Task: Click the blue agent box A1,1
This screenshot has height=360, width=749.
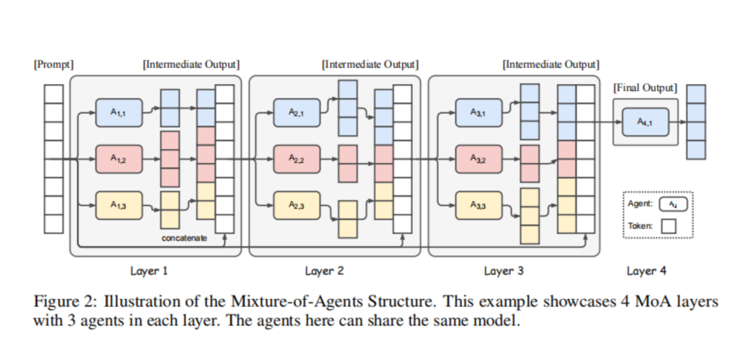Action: [119, 112]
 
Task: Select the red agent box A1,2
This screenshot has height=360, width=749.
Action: [119, 158]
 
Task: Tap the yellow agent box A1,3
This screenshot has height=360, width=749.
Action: [119, 205]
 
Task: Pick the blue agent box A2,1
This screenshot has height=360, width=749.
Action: [296, 112]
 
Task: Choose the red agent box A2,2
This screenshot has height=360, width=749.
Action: [296, 158]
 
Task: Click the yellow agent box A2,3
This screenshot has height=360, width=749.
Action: [296, 205]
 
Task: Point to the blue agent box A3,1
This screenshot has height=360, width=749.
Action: [478, 112]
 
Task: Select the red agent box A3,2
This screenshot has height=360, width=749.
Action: [478, 158]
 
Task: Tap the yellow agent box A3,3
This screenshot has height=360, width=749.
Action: [478, 205]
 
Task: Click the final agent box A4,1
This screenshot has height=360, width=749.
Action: [645, 121]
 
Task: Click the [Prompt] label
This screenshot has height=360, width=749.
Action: [53, 65]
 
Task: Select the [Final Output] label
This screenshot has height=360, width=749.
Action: [645, 88]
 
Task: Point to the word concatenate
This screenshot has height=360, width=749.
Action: [184, 238]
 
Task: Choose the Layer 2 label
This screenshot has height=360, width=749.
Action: [324, 271]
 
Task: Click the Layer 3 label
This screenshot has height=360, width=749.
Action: [503, 271]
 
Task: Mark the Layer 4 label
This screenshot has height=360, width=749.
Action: [646, 271]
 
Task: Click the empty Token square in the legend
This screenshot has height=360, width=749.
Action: [669, 226]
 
